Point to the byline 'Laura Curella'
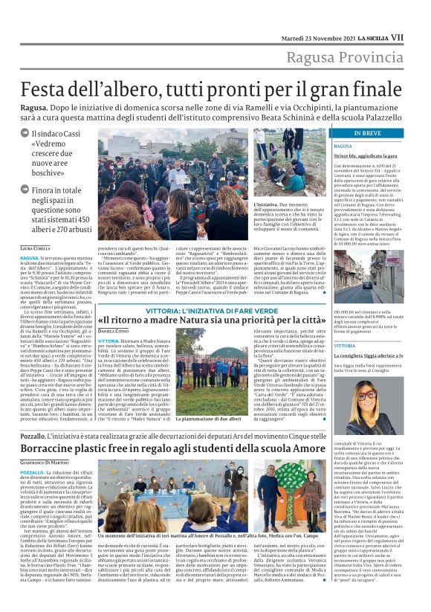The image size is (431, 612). point(36,247)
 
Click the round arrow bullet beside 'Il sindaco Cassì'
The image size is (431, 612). point(25,133)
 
